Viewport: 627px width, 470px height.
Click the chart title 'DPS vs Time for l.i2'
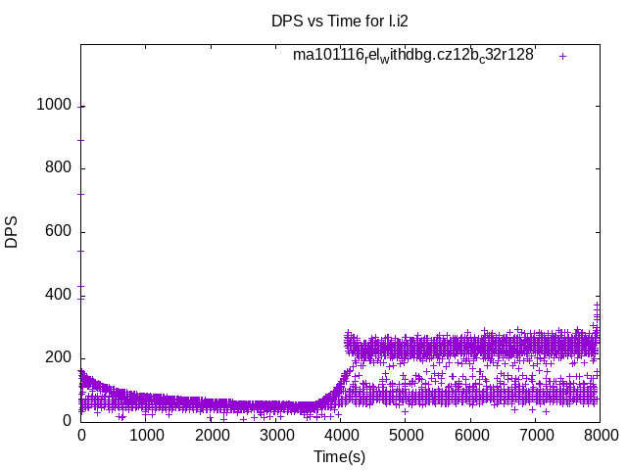(x=339, y=21)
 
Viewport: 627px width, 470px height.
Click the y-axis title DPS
(x=12, y=231)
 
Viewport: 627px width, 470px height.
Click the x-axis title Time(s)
(x=339, y=456)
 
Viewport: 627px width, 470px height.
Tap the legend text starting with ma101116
(x=412, y=56)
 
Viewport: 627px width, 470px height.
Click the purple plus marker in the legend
(x=562, y=56)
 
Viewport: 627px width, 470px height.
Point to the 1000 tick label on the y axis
(x=54, y=106)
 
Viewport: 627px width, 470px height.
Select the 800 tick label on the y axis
(x=59, y=168)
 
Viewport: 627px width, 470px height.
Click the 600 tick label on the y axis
(x=59, y=232)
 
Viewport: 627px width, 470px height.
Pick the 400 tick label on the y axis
(x=59, y=295)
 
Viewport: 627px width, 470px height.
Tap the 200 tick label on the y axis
(x=59, y=357)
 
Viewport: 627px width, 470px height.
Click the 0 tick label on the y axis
(x=67, y=421)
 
